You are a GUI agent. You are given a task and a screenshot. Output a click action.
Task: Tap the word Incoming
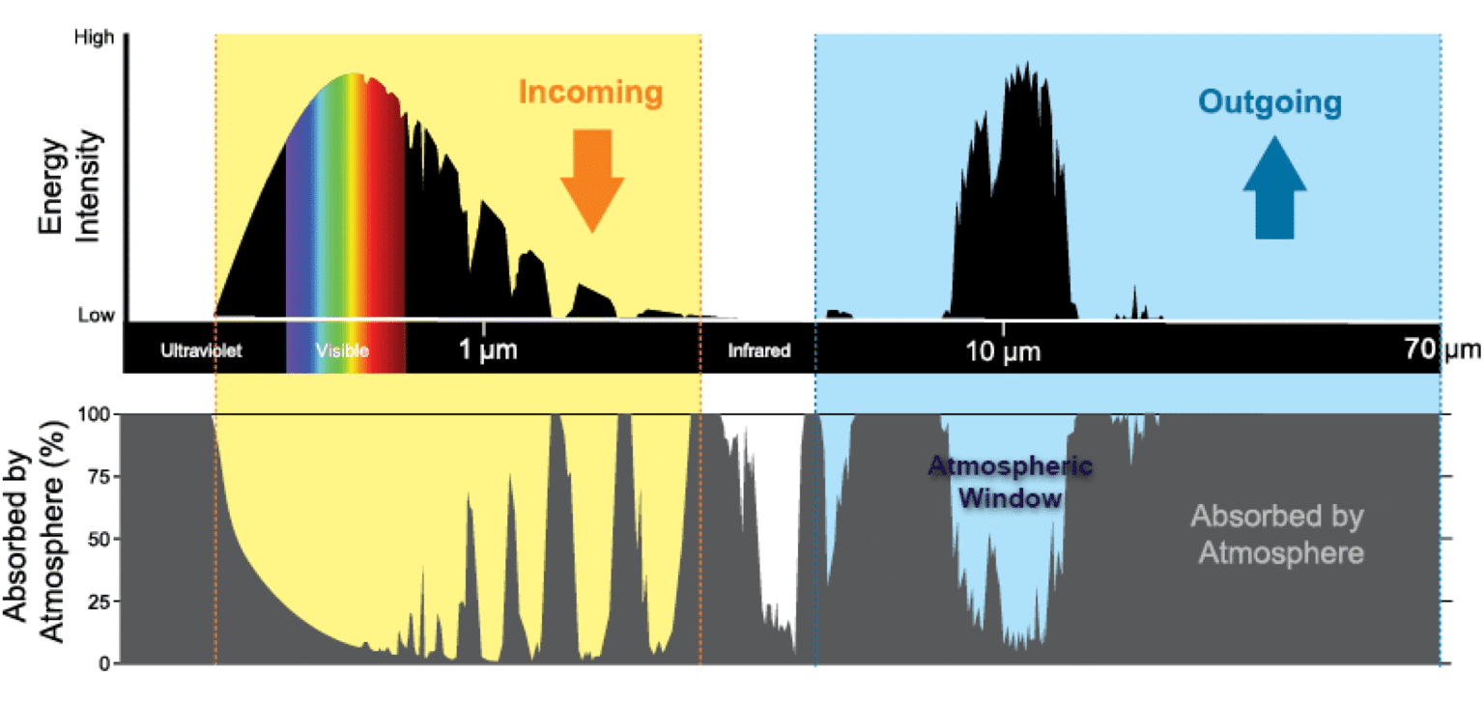coord(590,93)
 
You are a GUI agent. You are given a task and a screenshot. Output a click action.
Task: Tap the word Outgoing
coord(1270,101)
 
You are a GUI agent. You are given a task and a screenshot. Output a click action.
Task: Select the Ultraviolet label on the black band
coord(201,351)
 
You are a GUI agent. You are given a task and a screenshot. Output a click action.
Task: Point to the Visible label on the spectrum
coord(342,351)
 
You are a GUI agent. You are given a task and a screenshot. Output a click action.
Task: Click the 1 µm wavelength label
coord(488,350)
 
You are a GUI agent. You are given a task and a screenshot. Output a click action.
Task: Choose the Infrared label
coord(758,351)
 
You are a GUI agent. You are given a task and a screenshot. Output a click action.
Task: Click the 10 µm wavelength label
coord(1003,351)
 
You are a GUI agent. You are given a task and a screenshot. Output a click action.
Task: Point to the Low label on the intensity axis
coord(96,315)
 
